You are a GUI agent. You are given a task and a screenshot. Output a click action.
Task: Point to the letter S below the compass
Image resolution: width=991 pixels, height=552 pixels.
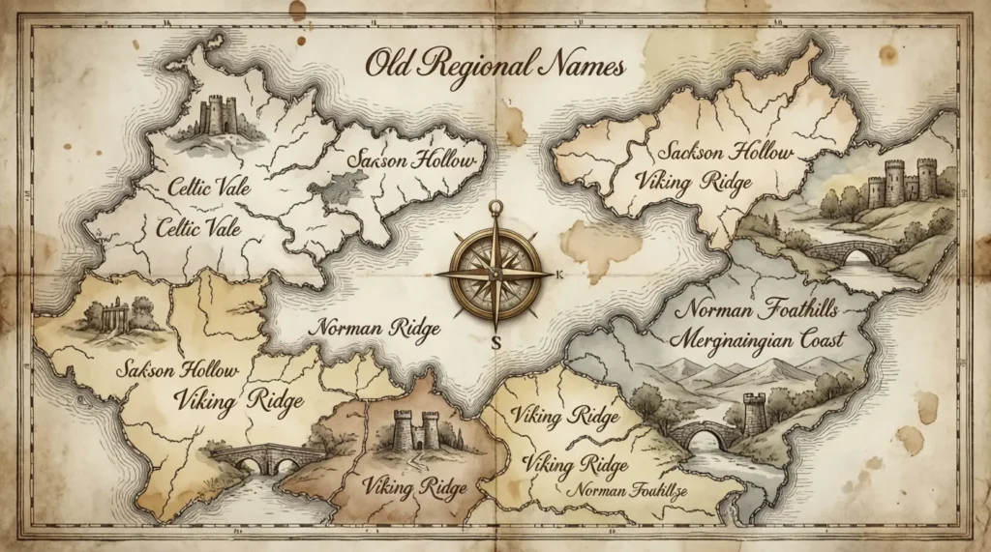click(x=495, y=341)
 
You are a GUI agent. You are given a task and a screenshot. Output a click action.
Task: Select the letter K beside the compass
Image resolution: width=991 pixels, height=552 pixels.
click(x=560, y=275)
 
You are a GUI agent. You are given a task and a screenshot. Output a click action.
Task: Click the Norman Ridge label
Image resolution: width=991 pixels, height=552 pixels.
click(x=375, y=329)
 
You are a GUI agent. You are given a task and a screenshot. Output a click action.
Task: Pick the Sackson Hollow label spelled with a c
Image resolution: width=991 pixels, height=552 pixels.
click(x=724, y=153)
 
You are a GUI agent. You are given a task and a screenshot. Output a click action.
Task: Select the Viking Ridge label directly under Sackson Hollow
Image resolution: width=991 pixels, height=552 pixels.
click(x=694, y=182)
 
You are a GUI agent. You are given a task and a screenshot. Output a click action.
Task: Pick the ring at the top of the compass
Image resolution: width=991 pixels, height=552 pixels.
click(x=495, y=207)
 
